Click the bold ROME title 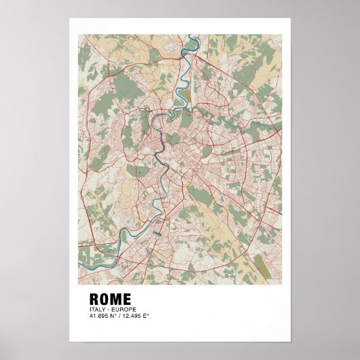[111, 299]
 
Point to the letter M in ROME [118, 299]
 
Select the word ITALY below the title [96, 309]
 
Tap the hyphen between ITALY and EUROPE [106, 309]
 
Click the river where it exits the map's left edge [79, 249]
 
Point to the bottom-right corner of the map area [281, 283]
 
